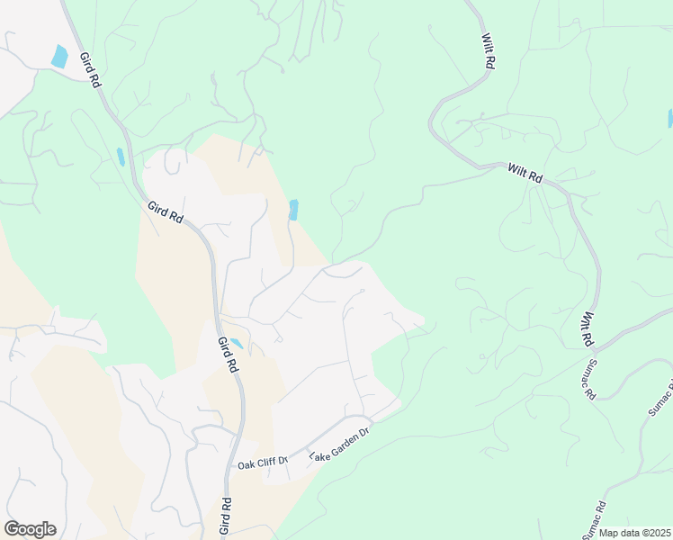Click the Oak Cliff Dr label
click(x=262, y=463)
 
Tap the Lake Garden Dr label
click(x=341, y=445)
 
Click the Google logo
click(x=30, y=529)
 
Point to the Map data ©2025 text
click(x=634, y=533)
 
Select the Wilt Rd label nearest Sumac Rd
click(x=587, y=330)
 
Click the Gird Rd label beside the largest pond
click(x=89, y=68)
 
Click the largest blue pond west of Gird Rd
click(x=59, y=56)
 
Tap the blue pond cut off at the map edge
click(x=670, y=118)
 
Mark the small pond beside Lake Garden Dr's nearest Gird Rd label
click(x=237, y=343)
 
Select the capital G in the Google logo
click(x=12, y=529)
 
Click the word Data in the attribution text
click(x=628, y=533)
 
